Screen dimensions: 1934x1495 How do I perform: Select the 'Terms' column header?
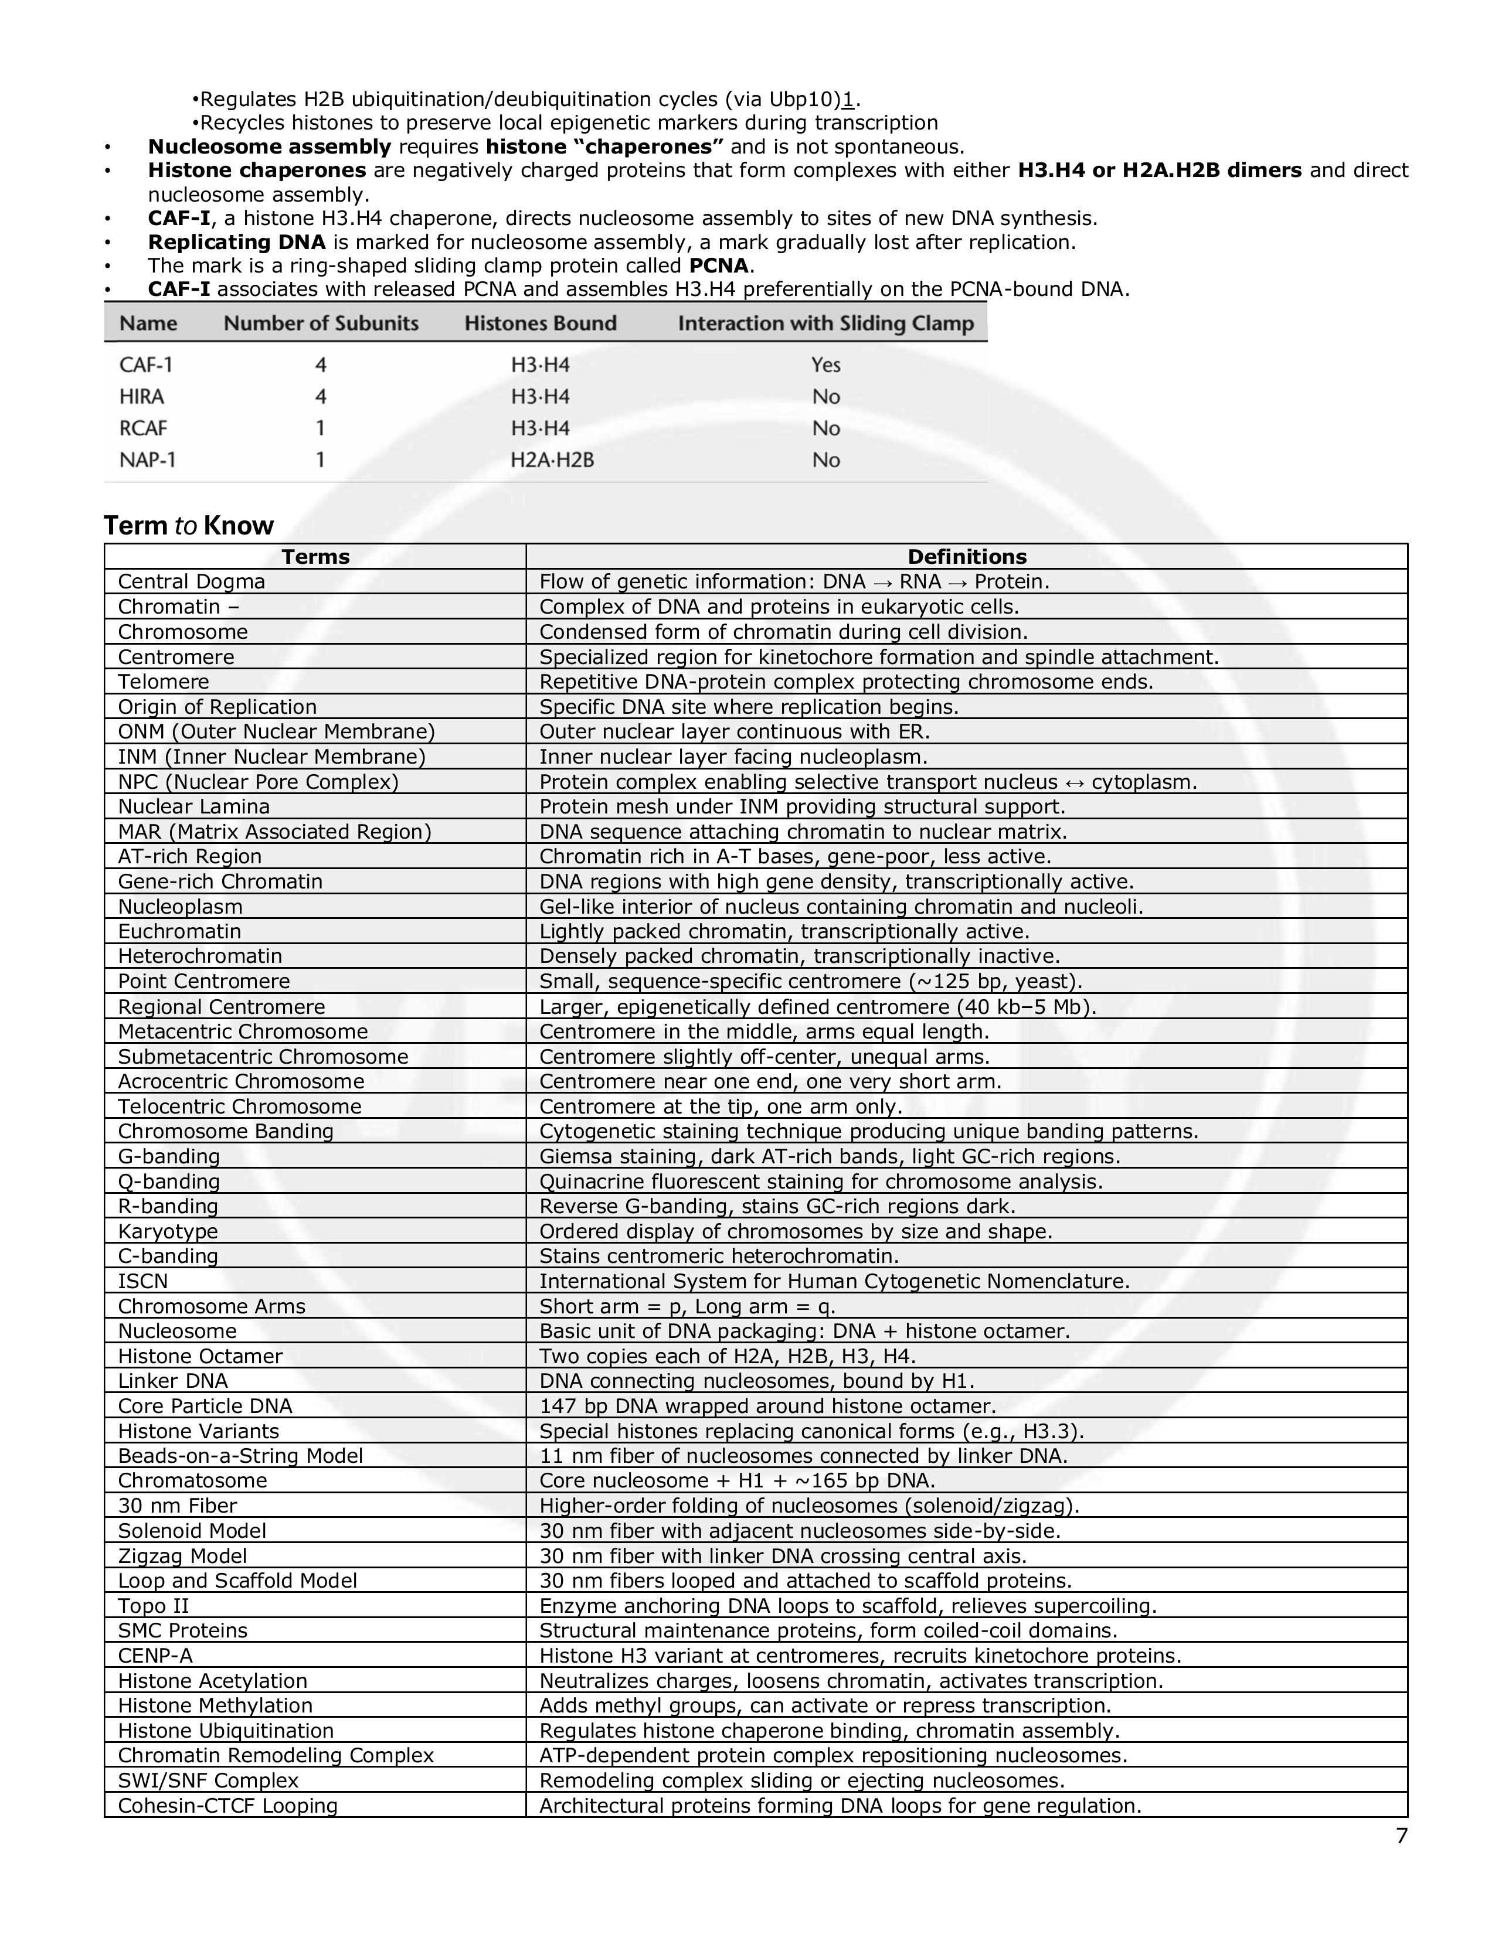(315, 556)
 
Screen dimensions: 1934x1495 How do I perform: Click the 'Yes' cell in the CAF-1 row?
(825, 365)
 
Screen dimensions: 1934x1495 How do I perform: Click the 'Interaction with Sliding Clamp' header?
(825, 324)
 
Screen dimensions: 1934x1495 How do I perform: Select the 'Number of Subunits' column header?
(321, 324)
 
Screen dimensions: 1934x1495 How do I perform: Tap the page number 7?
(1401, 1836)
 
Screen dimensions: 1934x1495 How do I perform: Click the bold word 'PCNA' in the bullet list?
(720, 265)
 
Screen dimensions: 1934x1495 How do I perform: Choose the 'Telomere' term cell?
(164, 681)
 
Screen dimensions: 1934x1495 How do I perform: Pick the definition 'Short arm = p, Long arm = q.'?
(687, 1306)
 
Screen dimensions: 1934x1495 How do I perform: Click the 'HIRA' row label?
(142, 397)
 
